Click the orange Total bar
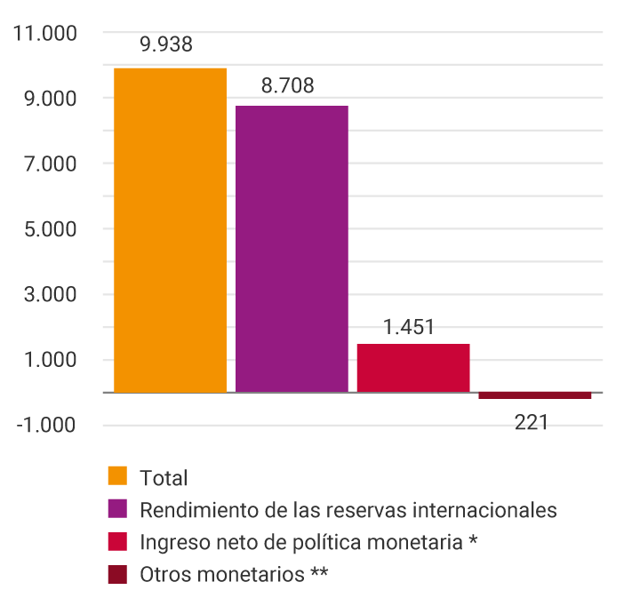170,229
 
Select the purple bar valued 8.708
292,248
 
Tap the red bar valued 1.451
412,367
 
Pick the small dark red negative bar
534,395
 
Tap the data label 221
532,422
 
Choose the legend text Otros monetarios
222,574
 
